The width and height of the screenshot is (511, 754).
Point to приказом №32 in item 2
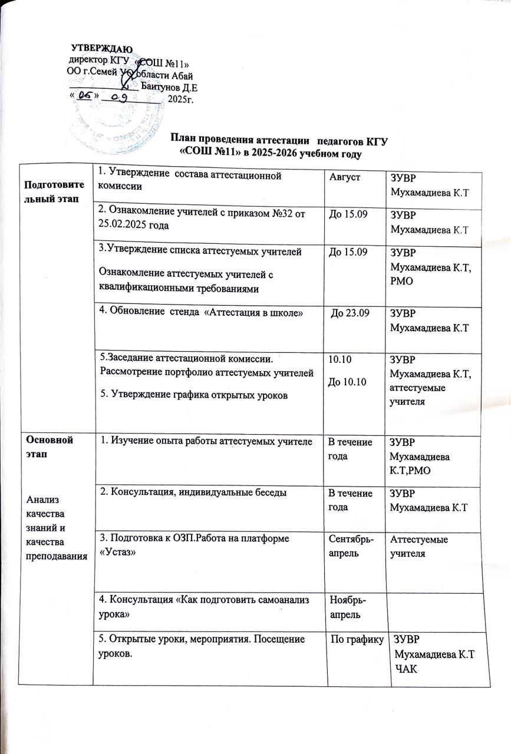click(260, 212)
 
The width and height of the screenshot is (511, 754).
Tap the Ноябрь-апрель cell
click(345, 612)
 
